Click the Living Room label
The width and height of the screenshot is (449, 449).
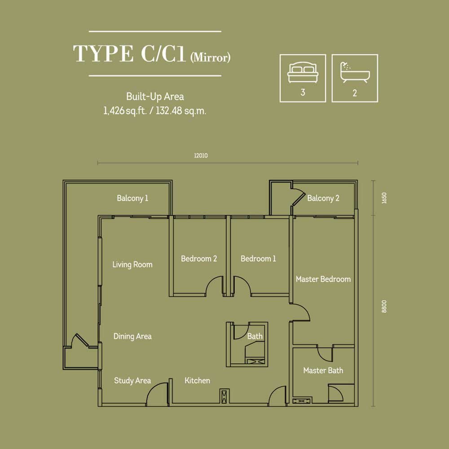[x=132, y=264]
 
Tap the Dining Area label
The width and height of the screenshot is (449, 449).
[x=132, y=336]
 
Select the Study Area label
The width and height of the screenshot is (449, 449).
[x=132, y=381]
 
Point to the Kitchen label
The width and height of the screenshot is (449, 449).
[x=197, y=381]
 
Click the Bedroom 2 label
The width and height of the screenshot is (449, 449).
[x=199, y=259]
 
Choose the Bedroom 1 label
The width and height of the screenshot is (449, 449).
[x=258, y=259]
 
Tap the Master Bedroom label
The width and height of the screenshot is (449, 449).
[x=323, y=279]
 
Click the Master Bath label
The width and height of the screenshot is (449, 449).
[x=323, y=370]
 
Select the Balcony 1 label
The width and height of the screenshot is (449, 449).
[x=132, y=198]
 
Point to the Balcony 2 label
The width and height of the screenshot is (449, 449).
[x=323, y=198]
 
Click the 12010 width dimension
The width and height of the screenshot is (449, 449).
[x=201, y=155]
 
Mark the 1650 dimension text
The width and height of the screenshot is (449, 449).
[x=384, y=198]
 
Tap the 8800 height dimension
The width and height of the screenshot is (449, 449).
[x=384, y=306]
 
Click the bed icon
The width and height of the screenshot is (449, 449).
[x=303, y=72]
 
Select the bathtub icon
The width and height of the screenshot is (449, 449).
[x=355, y=72]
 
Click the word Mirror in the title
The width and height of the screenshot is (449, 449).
[x=211, y=57]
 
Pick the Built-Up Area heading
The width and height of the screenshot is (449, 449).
[x=155, y=97]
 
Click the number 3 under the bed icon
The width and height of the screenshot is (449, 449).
[x=303, y=92]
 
